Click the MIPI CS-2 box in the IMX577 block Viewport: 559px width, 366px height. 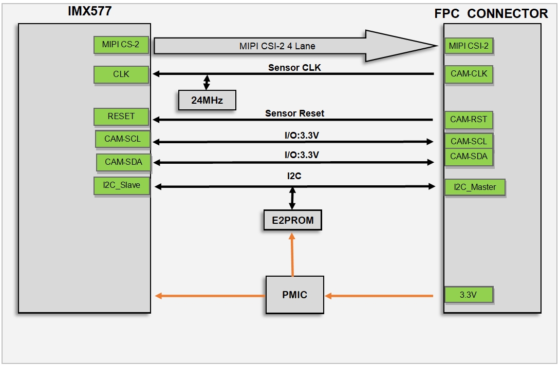[x=121, y=45]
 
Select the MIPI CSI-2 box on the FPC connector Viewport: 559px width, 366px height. [x=469, y=46]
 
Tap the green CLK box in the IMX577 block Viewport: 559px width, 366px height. [x=121, y=74]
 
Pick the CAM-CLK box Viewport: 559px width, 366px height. [x=469, y=74]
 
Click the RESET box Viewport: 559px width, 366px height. [x=121, y=117]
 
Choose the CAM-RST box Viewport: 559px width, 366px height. [x=469, y=120]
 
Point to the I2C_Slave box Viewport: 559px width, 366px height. [x=122, y=186]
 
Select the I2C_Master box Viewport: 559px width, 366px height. [x=475, y=188]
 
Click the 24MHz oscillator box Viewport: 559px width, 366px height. [x=207, y=100]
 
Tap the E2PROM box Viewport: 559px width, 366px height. [x=293, y=220]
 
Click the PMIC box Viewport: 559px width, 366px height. [x=295, y=295]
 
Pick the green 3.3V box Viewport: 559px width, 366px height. [x=469, y=295]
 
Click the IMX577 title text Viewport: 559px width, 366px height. [x=89, y=11]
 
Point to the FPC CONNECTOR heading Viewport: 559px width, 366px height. [x=491, y=13]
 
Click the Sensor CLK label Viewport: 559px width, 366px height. [x=294, y=68]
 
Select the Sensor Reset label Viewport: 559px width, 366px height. [x=294, y=113]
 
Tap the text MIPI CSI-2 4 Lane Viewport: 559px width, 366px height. [x=277, y=46]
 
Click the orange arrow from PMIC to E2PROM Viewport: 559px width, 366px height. [x=292, y=255]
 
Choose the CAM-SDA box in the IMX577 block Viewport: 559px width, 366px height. [x=123, y=162]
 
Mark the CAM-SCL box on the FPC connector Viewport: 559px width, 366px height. [x=469, y=141]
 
